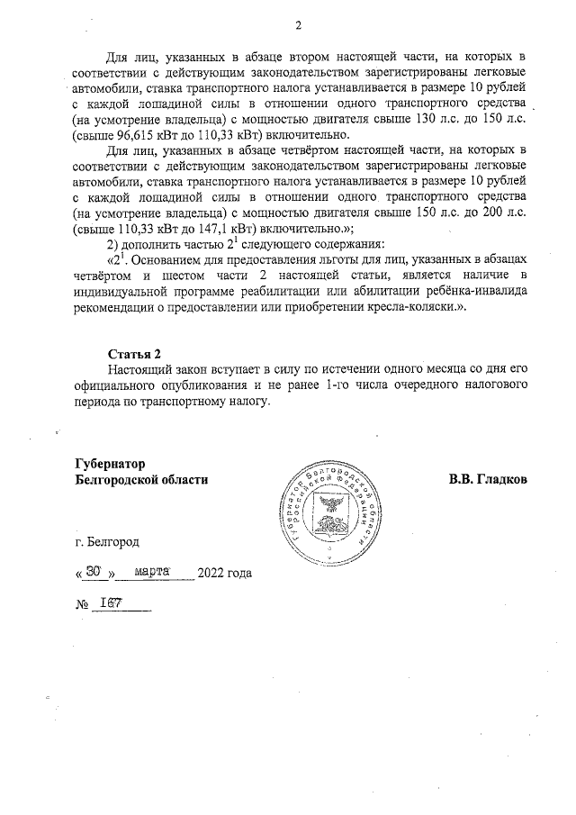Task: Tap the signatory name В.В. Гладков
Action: tap(488, 479)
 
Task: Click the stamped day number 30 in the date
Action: tap(93, 572)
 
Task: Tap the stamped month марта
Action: tap(153, 572)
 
